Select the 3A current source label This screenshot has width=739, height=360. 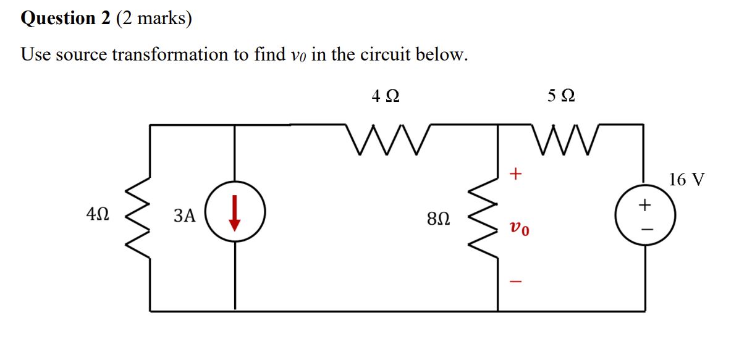[185, 216]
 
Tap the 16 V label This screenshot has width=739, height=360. [686, 180]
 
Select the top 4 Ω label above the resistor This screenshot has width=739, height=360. [385, 96]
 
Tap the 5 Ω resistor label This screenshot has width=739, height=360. [562, 96]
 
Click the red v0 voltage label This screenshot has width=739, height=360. [519, 230]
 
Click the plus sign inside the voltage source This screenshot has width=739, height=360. [645, 204]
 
